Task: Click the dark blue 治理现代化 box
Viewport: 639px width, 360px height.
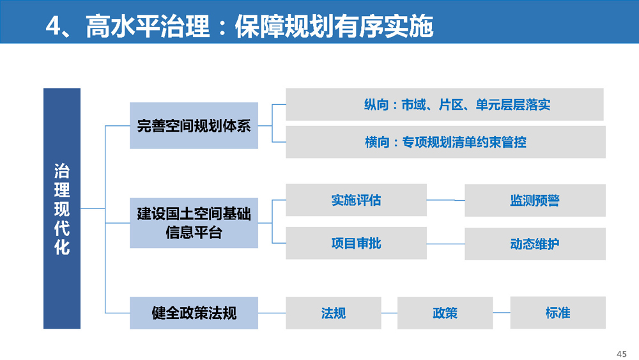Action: (x=62, y=208)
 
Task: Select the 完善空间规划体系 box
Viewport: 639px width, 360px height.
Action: (x=194, y=125)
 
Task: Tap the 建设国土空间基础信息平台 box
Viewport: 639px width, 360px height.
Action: (x=194, y=223)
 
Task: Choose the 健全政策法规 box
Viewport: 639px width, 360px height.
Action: (x=194, y=313)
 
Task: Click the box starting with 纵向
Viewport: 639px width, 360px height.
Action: (x=445, y=104)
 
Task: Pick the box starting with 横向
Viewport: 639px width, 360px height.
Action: (x=445, y=142)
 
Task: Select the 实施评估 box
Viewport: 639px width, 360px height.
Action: (x=356, y=200)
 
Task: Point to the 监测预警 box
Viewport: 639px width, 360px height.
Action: (x=535, y=200)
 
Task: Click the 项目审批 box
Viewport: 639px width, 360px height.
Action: (x=356, y=243)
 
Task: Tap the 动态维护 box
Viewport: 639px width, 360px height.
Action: (x=535, y=244)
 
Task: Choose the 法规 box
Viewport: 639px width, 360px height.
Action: (x=334, y=313)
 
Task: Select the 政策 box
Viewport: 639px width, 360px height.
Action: (x=445, y=313)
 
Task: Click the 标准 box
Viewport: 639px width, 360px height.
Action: (x=558, y=312)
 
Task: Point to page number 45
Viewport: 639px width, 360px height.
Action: (x=622, y=354)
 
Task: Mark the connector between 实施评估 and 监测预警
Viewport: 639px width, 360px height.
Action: (x=446, y=200)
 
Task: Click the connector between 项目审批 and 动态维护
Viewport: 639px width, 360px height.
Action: (x=446, y=244)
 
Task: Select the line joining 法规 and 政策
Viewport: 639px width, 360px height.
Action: (x=389, y=313)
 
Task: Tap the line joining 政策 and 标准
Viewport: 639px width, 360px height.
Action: (x=501, y=313)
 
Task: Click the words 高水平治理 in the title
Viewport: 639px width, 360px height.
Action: (x=148, y=26)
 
